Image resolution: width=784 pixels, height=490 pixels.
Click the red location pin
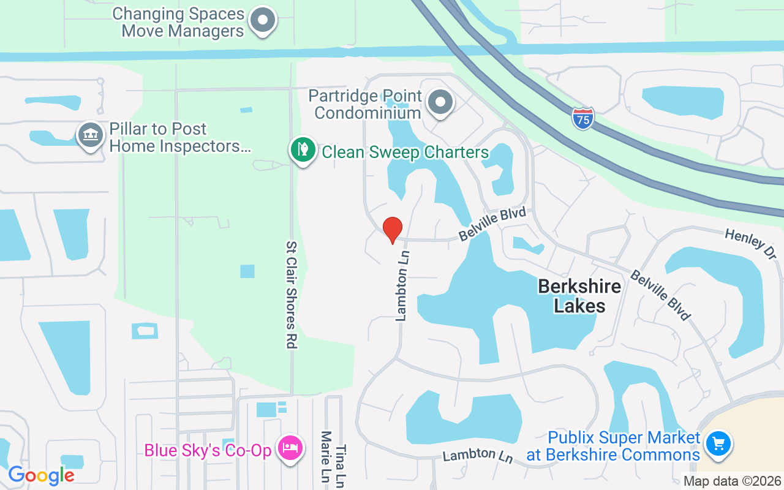click(x=392, y=230)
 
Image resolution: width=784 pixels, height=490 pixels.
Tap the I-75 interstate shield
click(x=583, y=118)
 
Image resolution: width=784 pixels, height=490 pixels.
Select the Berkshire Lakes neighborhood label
click(x=579, y=296)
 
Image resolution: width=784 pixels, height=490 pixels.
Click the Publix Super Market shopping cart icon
click(x=719, y=443)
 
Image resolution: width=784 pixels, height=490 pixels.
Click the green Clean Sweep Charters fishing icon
click(x=303, y=149)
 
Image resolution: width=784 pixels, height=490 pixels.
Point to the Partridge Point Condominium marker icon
click(x=440, y=102)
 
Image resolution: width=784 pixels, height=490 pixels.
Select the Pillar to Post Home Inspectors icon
click(x=91, y=135)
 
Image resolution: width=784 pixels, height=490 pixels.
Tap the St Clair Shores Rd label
click(x=292, y=294)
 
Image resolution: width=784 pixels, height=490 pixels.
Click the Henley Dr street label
click(x=750, y=243)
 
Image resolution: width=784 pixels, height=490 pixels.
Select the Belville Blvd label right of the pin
click(x=493, y=224)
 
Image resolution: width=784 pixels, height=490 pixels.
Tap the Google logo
click(x=41, y=475)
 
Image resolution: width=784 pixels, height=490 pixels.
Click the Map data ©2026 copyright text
click(x=732, y=481)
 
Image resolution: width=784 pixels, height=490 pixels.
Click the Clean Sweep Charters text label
click(x=405, y=152)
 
